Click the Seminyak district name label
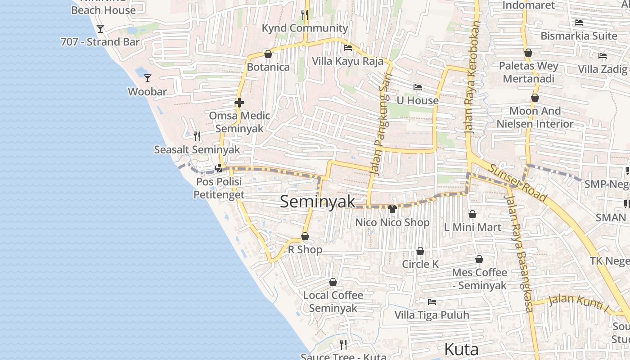[318, 202]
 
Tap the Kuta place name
[461, 350]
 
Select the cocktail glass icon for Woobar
[148, 78]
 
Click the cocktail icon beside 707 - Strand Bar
[100, 29]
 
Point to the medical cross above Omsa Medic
[239, 103]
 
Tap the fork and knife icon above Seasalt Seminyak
[197, 135]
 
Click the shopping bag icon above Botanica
[268, 54]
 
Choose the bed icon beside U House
[418, 87]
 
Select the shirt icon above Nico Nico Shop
[392, 209]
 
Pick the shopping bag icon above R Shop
[305, 236]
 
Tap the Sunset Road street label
[518, 183]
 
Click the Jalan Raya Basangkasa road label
[520, 252]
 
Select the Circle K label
[420, 264]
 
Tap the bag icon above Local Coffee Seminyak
[333, 282]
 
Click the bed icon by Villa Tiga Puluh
[432, 301]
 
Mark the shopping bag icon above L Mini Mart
[472, 214]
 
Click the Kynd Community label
[305, 28]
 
